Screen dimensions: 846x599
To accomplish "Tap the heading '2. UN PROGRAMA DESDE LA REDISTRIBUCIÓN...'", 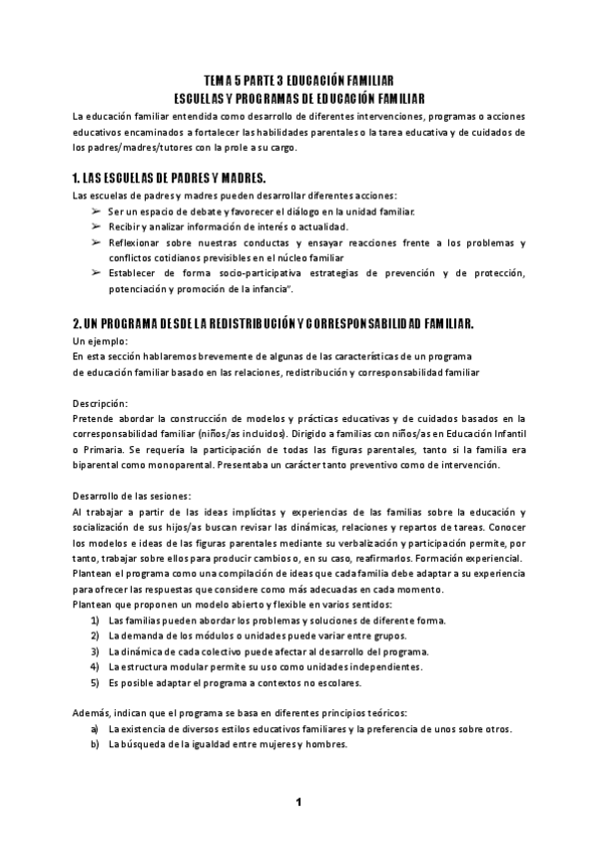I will pos(273,324).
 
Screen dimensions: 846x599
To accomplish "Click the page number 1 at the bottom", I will pos(298,802).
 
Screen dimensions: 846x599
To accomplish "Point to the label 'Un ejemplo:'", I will pos(99,341).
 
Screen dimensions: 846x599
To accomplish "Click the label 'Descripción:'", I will pos(100,402).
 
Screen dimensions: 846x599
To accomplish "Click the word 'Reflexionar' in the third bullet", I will pos(135,242).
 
